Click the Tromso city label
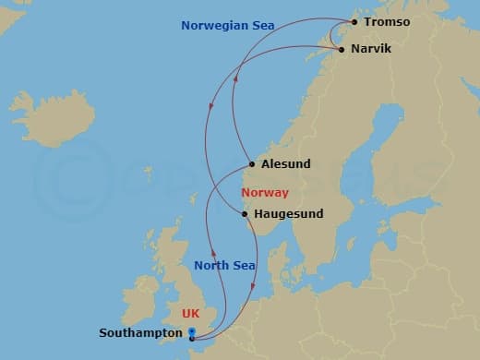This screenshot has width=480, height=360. pos(388,21)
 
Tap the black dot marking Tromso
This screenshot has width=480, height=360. pos(354,21)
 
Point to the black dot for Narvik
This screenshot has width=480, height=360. pos(342,49)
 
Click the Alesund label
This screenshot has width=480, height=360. pos(286,164)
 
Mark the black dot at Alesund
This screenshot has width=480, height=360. pos(252,164)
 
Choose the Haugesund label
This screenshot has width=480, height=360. pos(288,214)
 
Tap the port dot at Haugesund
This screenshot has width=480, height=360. pos(245,214)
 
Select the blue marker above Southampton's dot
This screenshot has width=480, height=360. pos(191,330)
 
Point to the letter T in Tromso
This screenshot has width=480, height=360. pos(367,21)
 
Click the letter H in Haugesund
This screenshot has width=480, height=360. pos(258,214)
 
